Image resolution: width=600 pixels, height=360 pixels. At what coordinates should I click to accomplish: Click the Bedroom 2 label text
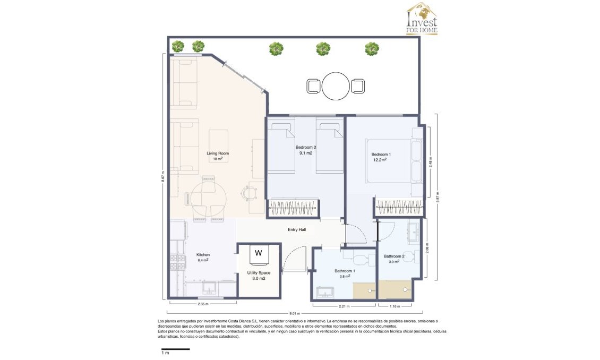tap(306, 147)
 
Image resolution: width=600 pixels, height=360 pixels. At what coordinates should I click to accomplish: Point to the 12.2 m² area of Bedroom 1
tap(380, 159)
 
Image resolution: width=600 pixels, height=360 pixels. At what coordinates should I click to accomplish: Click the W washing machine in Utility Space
tap(259, 253)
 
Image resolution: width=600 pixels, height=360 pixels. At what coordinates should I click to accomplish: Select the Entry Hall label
tap(296, 229)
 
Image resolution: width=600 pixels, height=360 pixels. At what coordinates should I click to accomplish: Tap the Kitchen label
tap(203, 254)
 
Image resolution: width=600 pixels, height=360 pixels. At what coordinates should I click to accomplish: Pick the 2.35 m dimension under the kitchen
tap(202, 304)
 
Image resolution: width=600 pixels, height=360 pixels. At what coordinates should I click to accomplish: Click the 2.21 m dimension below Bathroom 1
tap(344, 306)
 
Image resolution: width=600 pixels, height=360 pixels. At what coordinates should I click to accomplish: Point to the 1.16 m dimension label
tap(394, 306)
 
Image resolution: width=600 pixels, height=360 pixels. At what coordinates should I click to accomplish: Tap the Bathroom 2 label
tap(394, 256)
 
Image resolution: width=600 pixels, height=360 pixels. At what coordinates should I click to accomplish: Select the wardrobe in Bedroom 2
tap(294, 208)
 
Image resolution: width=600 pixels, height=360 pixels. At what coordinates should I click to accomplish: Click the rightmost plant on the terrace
tap(372, 49)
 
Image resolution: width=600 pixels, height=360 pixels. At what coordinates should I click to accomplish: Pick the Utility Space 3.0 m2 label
tap(259, 275)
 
